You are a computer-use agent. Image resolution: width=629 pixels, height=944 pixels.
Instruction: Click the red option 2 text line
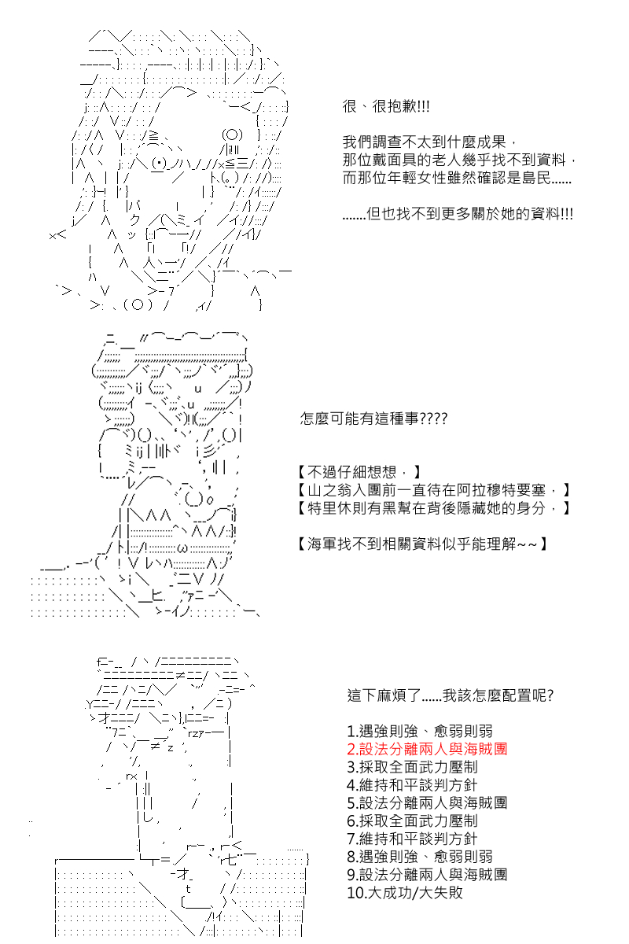(427, 749)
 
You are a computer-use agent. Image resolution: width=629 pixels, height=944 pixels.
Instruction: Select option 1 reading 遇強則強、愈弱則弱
(420, 731)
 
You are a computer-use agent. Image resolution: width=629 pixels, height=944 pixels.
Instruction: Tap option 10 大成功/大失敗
(405, 893)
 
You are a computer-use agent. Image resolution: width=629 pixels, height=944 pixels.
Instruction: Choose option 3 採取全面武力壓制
(412, 767)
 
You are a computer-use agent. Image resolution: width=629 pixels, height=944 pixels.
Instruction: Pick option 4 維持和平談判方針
(412, 785)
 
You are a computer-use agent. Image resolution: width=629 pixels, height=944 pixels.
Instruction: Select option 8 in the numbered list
(420, 857)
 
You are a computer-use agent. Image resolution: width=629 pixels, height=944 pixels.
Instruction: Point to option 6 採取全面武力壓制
(412, 820)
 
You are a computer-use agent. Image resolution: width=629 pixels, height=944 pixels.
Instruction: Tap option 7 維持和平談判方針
(412, 839)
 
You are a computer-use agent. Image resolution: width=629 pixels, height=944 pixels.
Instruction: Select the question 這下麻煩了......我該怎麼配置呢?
(450, 696)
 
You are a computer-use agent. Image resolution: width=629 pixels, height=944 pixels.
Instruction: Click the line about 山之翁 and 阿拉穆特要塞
(434, 490)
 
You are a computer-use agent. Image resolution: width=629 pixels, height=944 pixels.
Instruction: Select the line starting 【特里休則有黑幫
(434, 508)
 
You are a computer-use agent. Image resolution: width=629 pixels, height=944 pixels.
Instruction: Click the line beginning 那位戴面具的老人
(461, 160)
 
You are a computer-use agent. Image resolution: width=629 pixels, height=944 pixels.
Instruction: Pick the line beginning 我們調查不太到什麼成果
(429, 142)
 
